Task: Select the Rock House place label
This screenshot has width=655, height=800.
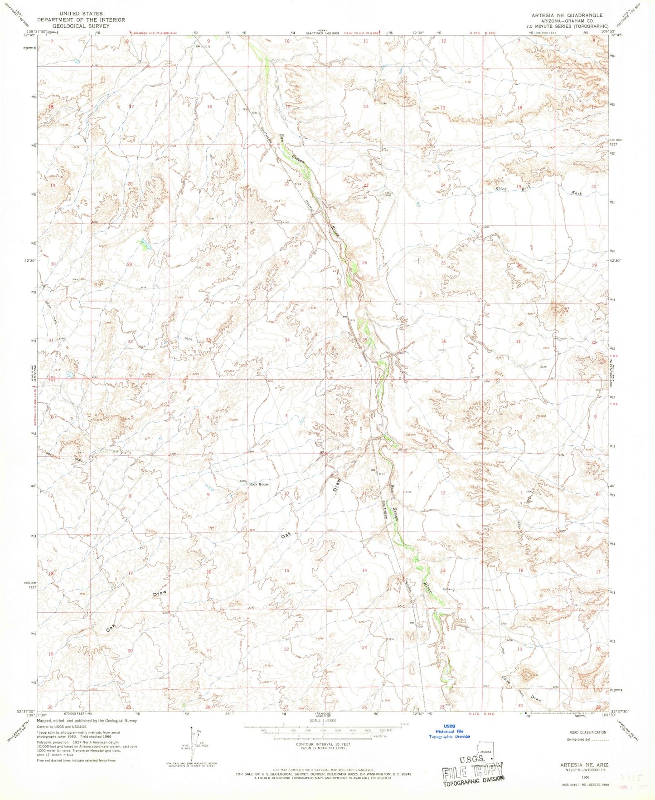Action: pyautogui.click(x=259, y=484)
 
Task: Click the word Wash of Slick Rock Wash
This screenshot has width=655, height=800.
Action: pyautogui.click(x=576, y=193)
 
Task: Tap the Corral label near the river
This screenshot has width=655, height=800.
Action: pyautogui.click(x=447, y=590)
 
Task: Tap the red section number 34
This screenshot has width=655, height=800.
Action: pyautogui.click(x=287, y=340)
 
